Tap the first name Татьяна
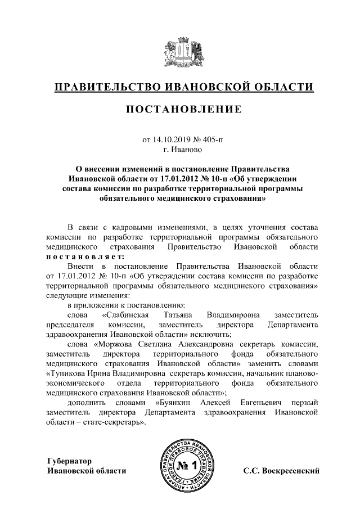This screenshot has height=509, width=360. (x=180, y=315)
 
